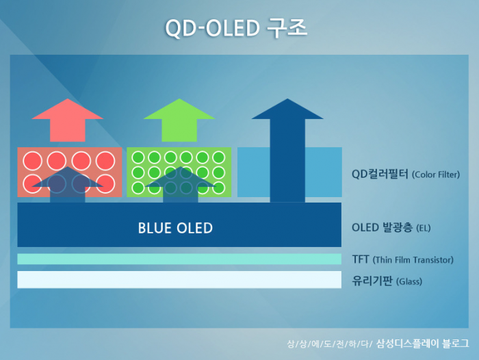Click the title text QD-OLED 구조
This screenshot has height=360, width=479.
(237, 28)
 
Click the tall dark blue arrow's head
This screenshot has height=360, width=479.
(286, 110)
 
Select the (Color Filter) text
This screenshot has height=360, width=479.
(436, 175)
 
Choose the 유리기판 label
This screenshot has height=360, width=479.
(372, 280)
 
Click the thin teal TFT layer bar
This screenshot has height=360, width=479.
(179, 259)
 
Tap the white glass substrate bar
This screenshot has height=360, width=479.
(179, 279)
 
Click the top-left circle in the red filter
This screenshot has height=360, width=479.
(33, 161)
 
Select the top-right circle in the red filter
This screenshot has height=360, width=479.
(105, 161)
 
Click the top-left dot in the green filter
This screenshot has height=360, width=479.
(138, 157)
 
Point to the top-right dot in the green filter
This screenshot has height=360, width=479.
(218, 157)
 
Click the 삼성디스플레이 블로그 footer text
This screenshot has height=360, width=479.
(422, 343)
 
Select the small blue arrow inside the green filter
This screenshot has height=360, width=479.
(180, 185)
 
